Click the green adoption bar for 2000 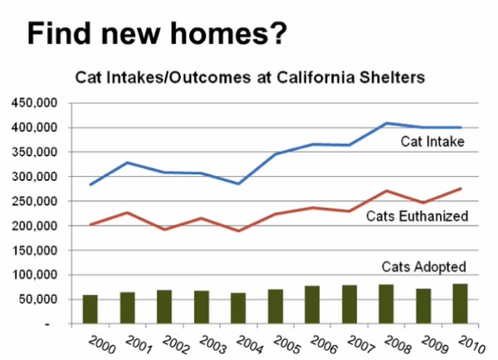pos(90,309)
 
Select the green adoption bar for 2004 pos(238,309)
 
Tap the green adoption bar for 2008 pos(386,304)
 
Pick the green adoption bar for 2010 pos(460,304)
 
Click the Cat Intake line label pos(432,142)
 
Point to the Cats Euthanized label pos(417,216)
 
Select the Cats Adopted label pos(423,267)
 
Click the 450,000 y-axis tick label pos(34,103)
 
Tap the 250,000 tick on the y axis pos(34,201)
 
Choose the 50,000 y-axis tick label pos(38,299)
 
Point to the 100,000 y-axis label pos(34,275)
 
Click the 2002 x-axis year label pos(176,345)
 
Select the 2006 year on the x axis pos(324,345)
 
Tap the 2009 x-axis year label pos(434,345)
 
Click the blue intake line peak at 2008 pos(386,123)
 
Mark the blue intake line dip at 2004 pos(238,183)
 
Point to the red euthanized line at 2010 pos(461,188)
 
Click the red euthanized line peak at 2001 pos(127,212)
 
